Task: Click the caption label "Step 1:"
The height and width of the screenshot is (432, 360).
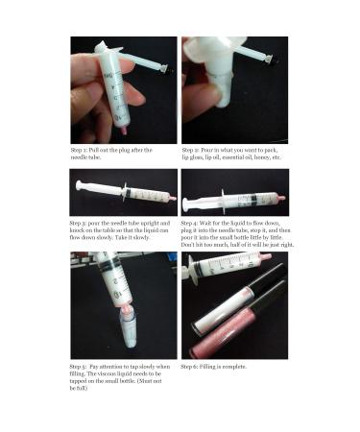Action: point(81,150)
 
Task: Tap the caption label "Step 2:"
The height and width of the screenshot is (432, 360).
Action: point(192,150)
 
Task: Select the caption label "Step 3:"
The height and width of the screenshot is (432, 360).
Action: point(81,223)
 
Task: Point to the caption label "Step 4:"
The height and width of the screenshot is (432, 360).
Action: point(192,223)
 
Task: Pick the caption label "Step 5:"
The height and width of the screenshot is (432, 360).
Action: point(81,367)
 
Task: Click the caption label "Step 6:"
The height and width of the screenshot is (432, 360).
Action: point(192,367)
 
